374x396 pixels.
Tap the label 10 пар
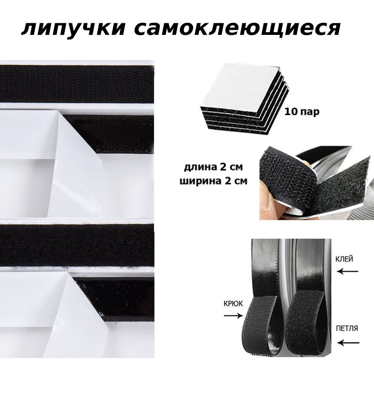pos(302,112)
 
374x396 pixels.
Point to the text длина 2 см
pos(213,167)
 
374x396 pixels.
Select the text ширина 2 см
pos(213,181)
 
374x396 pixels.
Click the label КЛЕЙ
pos(344,259)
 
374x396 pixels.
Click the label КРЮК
pos(233,303)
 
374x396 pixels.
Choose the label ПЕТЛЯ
pos(347,328)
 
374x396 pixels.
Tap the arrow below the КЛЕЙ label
pos(348,272)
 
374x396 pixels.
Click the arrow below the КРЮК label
pos(234,315)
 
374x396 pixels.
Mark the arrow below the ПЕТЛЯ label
pos(348,343)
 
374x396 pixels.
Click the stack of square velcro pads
pos(244,98)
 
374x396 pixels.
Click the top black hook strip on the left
pos(77,84)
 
